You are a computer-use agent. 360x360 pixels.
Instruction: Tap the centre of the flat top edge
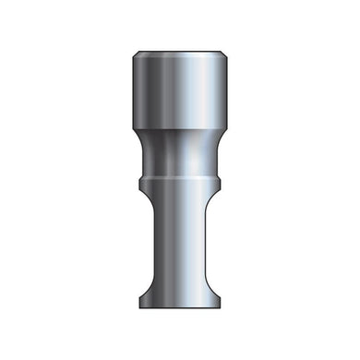(x=180, y=47)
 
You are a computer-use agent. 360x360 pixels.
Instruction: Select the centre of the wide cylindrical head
(x=180, y=88)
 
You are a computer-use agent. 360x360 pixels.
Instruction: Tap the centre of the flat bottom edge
(x=180, y=308)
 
